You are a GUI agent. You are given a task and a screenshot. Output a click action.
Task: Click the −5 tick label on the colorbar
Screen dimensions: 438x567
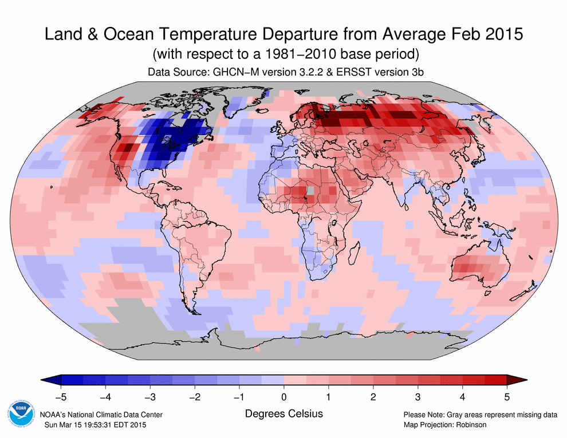(60, 396)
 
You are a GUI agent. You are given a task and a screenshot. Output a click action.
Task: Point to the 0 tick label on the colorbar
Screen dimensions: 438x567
(284, 396)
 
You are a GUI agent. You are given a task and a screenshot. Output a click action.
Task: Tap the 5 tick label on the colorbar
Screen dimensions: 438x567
(507, 396)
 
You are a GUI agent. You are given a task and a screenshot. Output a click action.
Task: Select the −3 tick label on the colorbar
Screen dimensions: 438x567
(149, 396)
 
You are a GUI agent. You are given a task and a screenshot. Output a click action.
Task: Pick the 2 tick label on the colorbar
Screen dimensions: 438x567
(373, 396)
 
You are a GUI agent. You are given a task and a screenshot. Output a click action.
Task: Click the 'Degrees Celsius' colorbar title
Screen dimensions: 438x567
(283, 413)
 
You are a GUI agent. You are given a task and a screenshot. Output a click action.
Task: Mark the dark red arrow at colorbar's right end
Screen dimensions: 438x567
(517, 380)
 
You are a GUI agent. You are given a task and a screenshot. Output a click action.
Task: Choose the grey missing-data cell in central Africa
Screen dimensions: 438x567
(310, 190)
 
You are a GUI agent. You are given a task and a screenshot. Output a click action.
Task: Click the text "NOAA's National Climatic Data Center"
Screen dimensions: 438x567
(101, 415)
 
